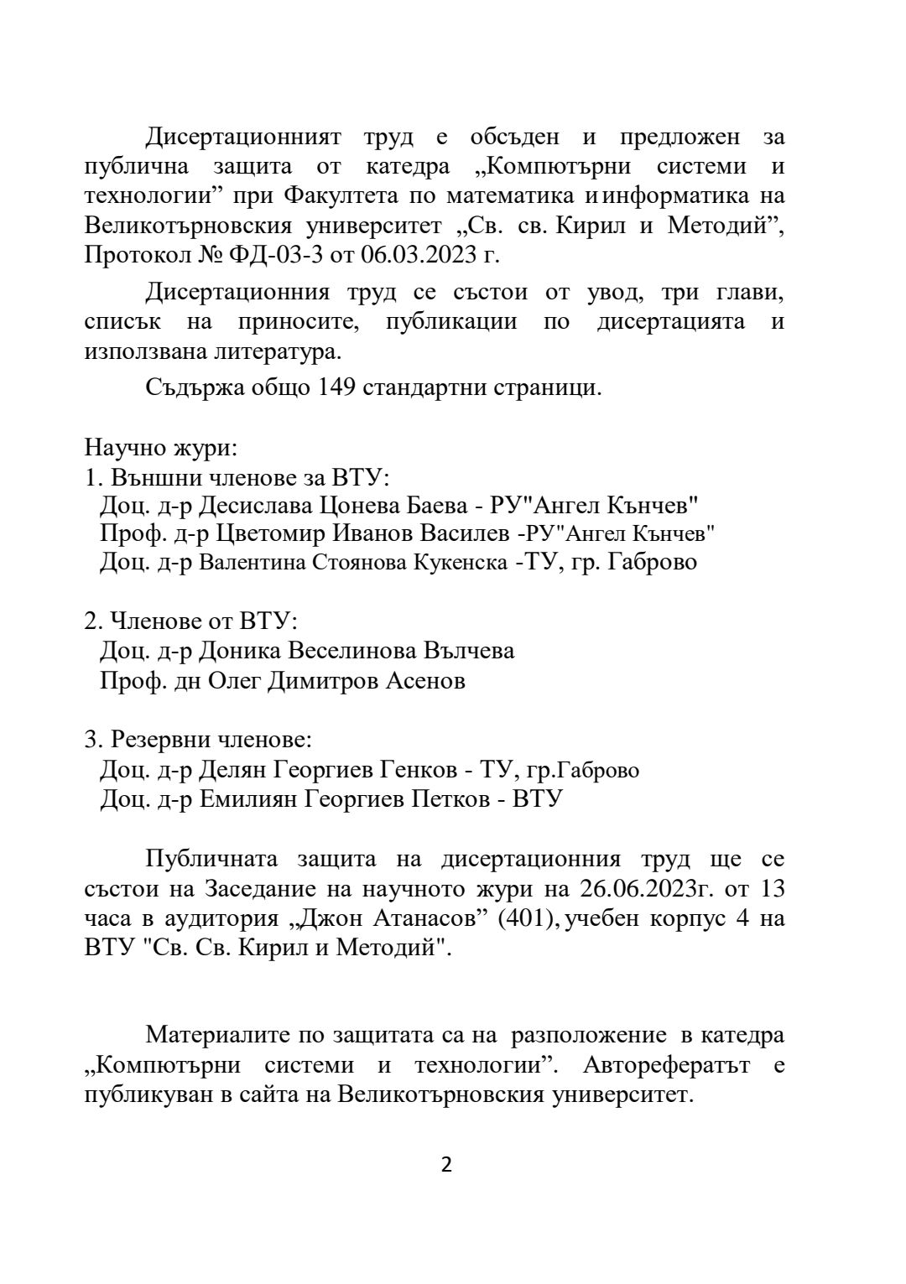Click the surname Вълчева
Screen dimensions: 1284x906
click(468, 651)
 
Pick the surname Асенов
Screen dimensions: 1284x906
click(424, 680)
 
